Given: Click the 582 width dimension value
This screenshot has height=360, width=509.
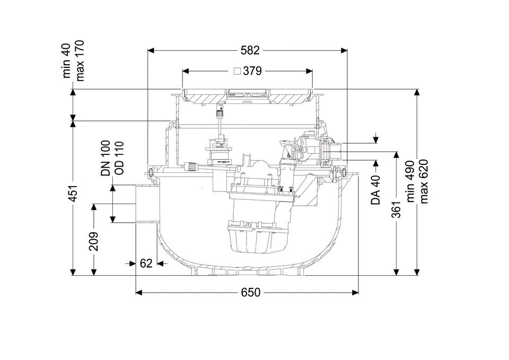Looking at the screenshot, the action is point(250,50).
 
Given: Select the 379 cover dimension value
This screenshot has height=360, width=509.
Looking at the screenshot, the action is point(252,71).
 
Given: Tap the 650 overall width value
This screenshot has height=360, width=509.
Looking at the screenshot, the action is point(251,293).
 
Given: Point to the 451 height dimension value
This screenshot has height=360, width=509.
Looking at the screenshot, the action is point(74,193).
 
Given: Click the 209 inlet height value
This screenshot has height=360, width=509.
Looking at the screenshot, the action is point(94,241).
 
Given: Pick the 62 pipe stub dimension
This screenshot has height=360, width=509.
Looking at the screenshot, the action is point(146,264).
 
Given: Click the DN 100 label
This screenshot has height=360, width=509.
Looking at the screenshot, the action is point(106,158).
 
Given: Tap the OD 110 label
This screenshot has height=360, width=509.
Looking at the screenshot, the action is point(119,158).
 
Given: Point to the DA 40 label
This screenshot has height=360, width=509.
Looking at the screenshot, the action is point(376,190).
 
